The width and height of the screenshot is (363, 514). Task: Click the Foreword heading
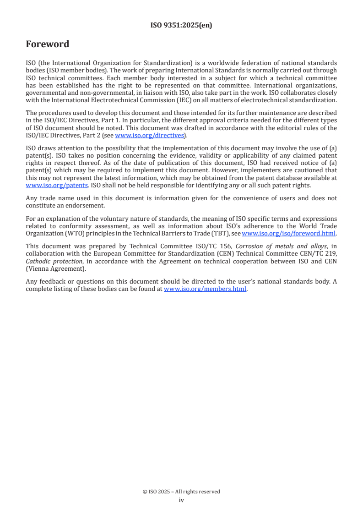(x=48, y=44)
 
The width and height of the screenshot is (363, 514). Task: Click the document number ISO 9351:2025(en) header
(x=181, y=26)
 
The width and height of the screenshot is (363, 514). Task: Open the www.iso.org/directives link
(x=149, y=135)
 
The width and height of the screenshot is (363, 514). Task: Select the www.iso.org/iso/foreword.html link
(x=288, y=233)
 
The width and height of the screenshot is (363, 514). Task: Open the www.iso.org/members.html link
(x=205, y=289)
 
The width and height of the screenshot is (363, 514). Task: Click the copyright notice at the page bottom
(x=181, y=492)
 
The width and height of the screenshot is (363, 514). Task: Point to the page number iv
(x=181, y=500)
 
